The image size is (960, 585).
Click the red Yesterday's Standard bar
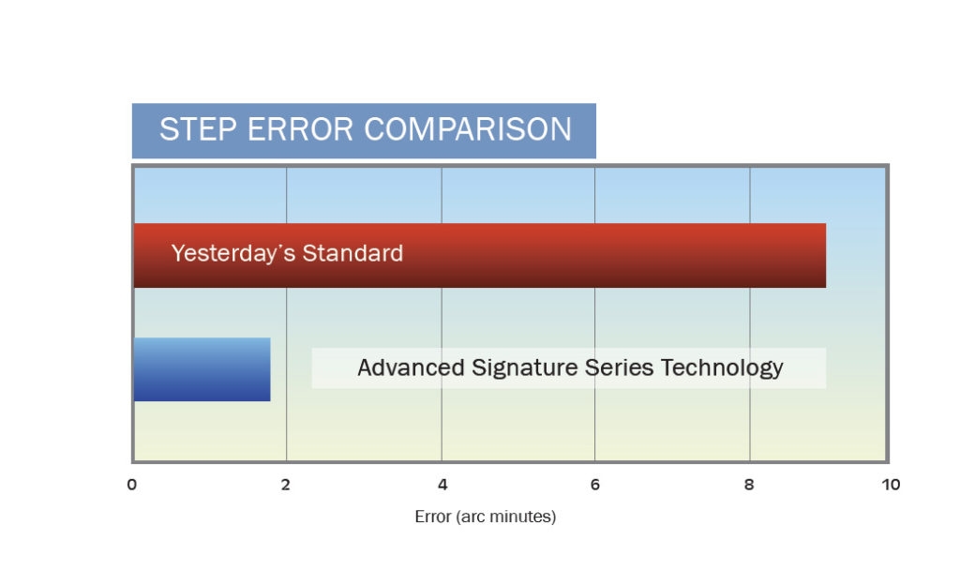click(x=480, y=255)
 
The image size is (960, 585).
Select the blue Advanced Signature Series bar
click(x=202, y=369)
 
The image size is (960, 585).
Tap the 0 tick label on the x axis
click(x=131, y=485)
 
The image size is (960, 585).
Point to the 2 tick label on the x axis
click(x=285, y=485)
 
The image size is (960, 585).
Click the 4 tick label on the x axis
click(x=442, y=485)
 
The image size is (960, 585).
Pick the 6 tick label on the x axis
click(x=595, y=485)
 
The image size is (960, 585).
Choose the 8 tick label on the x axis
click(x=749, y=485)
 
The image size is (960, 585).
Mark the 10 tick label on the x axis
click(x=891, y=485)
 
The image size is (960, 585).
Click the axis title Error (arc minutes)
click(x=486, y=517)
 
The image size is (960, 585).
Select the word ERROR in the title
click(x=300, y=129)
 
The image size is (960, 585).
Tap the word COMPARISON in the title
click(x=468, y=129)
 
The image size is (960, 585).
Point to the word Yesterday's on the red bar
click(x=233, y=253)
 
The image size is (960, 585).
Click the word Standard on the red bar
click(x=352, y=253)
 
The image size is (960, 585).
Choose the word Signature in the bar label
click(x=525, y=368)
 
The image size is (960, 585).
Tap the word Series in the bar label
click(x=619, y=367)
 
